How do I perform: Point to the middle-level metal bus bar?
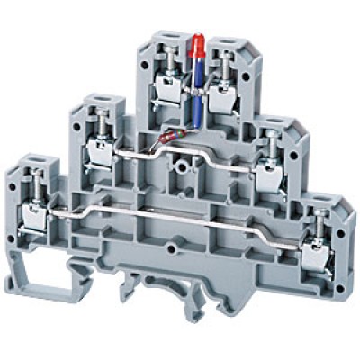pyautogui.click(x=216, y=153)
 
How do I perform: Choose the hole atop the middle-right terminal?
pyautogui.click(x=269, y=119)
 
